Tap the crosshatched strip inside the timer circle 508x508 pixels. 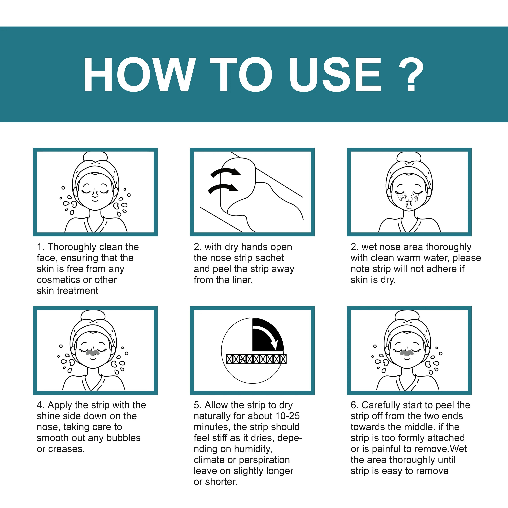[x=256, y=359]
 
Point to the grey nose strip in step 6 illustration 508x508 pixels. [x=407, y=352]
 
